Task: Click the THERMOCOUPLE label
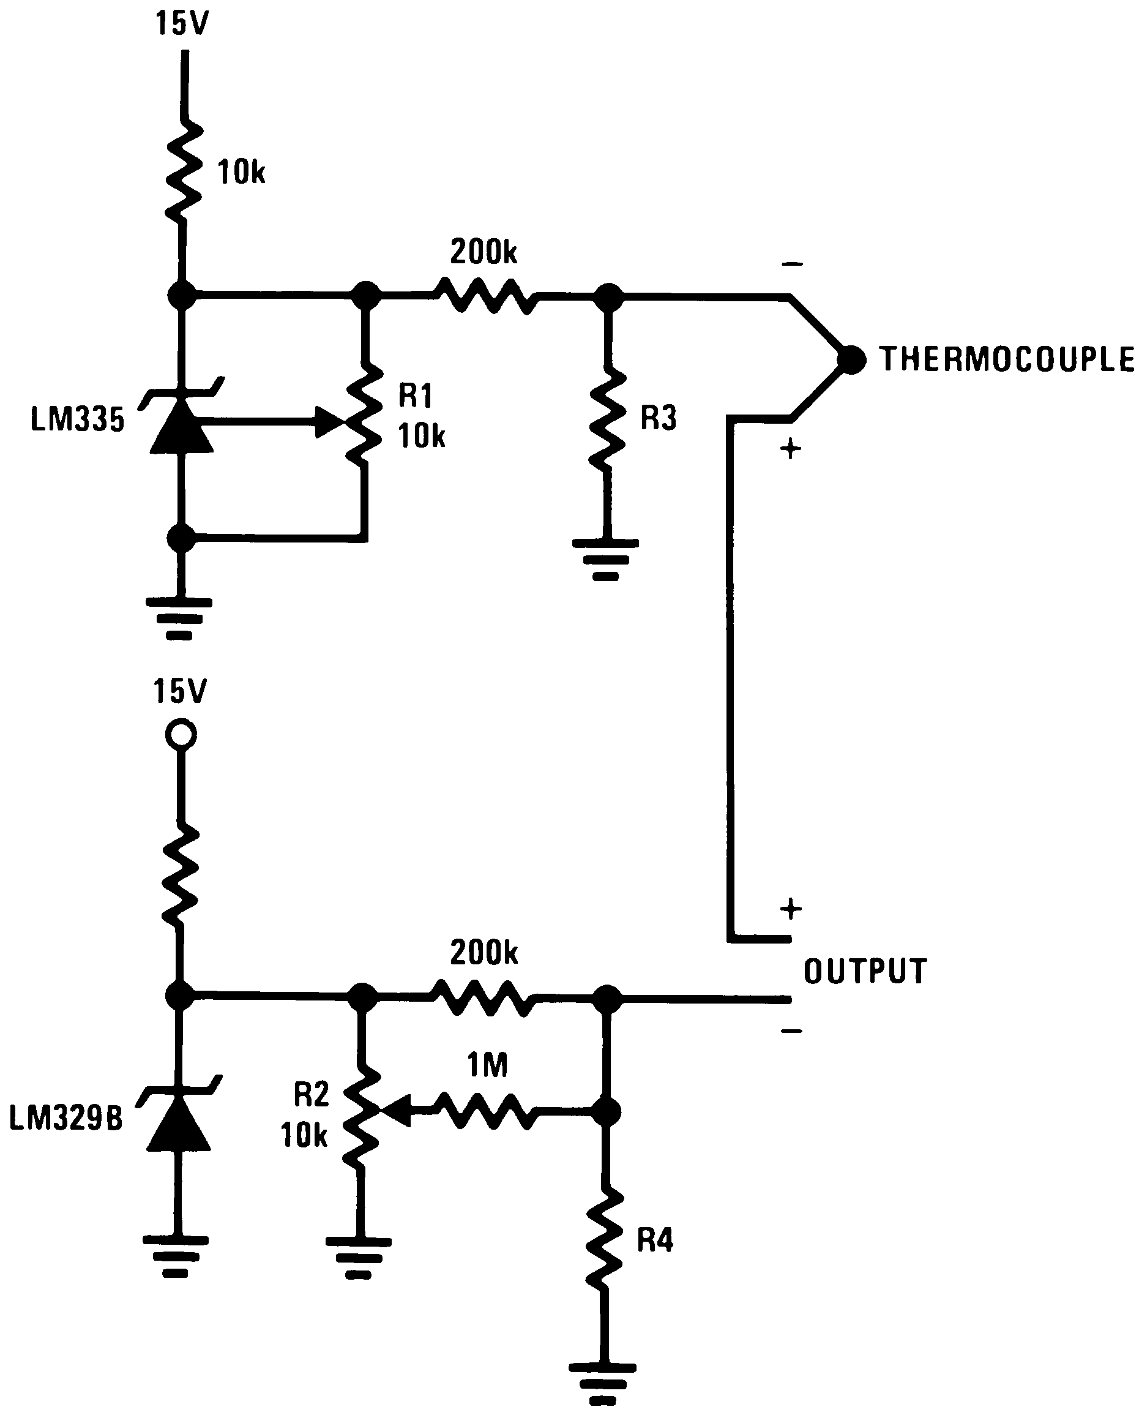point(1007,359)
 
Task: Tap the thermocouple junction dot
point(851,359)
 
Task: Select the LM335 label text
point(77,419)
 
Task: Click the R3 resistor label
point(658,418)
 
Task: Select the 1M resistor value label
point(487,1065)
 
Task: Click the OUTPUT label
point(865,971)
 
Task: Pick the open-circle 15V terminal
point(181,734)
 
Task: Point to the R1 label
point(416,396)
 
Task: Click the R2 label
point(311,1094)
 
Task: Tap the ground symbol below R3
point(605,559)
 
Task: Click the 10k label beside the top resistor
point(241,173)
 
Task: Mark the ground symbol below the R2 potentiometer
point(358,1258)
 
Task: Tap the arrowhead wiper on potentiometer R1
point(330,422)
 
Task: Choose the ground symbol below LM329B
point(176,1256)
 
